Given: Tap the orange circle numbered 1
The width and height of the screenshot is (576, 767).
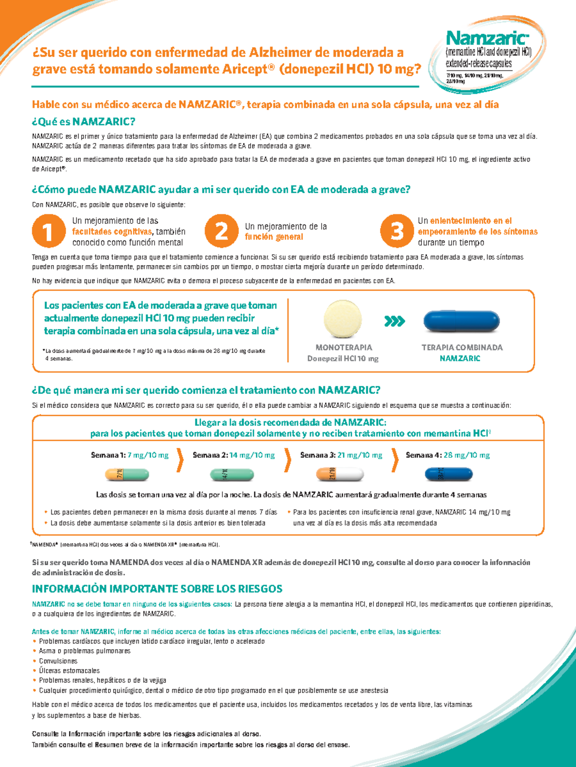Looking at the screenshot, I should coord(48,231).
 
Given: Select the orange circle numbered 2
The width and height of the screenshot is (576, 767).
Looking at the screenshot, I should coord(221,231).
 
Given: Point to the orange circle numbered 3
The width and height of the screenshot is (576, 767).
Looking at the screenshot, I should coord(397,231).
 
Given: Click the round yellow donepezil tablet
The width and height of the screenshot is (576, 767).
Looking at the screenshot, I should coord(343,320).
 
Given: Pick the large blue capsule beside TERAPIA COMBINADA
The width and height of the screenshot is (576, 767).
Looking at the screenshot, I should coord(461,321).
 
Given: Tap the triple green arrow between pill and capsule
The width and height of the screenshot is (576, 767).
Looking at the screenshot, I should coord(395,321).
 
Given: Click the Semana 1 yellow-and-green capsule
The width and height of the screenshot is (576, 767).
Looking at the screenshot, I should coord(127,475).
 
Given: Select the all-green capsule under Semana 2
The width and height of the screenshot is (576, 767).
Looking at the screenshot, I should coord(232,475).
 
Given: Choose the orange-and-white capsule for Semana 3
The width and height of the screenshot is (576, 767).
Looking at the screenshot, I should coord(340,475).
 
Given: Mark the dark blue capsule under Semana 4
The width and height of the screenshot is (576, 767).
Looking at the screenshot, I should coord(449,475).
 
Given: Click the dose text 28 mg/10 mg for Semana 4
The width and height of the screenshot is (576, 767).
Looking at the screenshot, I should coord(467,455).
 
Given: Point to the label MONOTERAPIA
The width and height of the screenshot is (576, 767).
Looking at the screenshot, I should coord(344,347).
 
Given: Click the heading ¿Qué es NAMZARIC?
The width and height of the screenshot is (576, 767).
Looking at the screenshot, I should coord(84,121).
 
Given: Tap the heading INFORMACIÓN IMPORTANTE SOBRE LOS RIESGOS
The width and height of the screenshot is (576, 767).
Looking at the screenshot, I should coord(157,589).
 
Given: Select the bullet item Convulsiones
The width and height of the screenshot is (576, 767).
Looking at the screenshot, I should coord(58,661).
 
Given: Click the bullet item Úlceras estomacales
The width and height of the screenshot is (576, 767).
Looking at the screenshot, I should coord(69,671).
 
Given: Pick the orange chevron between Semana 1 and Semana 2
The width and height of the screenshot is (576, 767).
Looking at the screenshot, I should coord(180,460).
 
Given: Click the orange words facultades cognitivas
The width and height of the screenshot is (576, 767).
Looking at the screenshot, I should coord(112,232).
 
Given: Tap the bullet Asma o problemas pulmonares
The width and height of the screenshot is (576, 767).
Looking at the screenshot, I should coord(84,651).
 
